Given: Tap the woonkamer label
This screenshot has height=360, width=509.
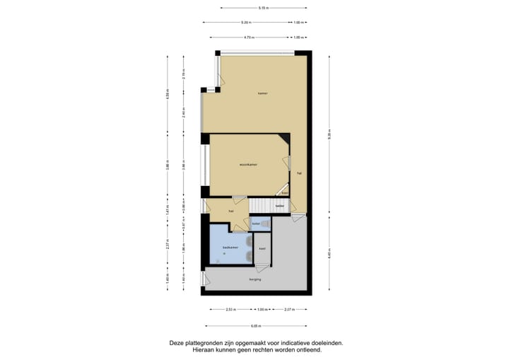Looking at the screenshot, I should click(247, 164).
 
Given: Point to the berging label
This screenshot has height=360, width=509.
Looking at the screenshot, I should click(255, 279).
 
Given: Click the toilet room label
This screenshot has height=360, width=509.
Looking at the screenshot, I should click(256, 223).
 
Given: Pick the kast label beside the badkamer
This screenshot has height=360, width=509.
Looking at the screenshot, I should click(262, 248).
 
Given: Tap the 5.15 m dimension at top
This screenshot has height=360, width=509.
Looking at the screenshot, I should click(263, 8).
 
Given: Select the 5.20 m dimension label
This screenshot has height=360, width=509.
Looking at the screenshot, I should click(245, 22).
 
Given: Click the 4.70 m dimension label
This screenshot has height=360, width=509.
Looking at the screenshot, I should click(249, 37).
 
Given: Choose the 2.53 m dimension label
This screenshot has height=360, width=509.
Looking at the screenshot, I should click(230, 309).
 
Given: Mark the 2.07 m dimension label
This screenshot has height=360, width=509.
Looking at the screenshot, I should click(289, 309).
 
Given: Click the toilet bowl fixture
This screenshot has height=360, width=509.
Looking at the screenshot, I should click(266, 223).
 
